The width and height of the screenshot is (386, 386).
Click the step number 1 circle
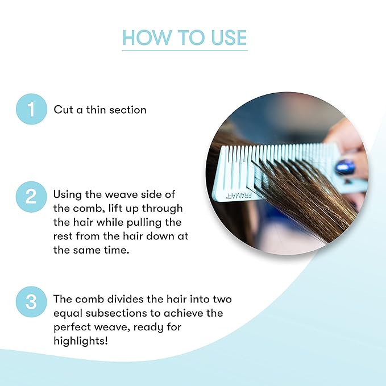(31, 109)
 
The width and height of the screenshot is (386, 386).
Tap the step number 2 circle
(31, 196)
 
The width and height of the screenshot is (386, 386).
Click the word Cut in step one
(63, 109)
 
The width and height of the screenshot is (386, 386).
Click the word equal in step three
(68, 313)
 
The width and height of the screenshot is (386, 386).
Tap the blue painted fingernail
(345, 167)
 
